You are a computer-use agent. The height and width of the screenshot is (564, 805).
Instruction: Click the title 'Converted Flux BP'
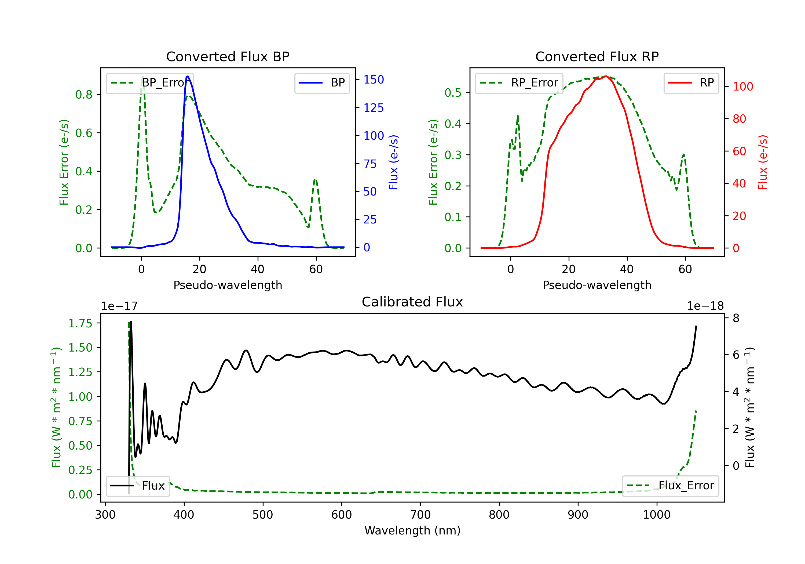(228, 56)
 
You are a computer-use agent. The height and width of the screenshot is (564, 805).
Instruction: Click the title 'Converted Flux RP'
(597, 56)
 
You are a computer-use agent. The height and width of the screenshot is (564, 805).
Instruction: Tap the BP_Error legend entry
(150, 83)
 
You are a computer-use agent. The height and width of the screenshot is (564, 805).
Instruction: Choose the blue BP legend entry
(322, 83)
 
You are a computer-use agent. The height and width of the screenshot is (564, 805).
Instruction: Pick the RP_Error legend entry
(519, 83)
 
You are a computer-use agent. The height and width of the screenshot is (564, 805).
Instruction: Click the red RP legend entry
(691, 83)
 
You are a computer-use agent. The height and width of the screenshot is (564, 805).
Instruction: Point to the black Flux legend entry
(137, 486)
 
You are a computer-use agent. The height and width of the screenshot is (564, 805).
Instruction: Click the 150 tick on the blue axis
(374, 80)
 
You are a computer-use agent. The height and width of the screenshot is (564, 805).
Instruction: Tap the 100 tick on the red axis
(742, 87)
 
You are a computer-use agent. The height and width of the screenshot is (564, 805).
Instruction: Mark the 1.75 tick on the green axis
(80, 323)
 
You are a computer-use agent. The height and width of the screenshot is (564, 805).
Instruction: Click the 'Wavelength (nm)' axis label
(412, 530)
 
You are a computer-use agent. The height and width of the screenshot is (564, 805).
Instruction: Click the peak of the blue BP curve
(188, 76)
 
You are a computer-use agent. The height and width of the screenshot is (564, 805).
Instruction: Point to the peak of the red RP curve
(606, 76)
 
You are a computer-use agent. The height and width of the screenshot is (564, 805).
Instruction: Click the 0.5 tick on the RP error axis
(453, 93)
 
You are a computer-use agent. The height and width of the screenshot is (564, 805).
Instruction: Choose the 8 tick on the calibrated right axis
(736, 318)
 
